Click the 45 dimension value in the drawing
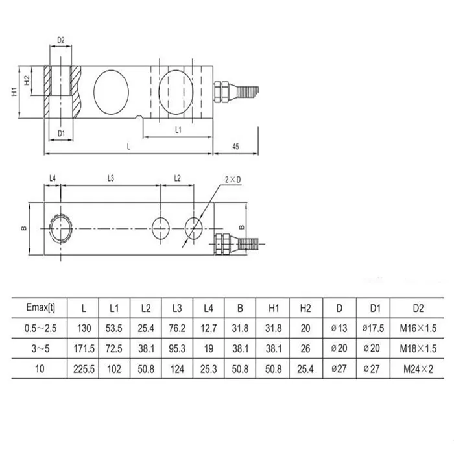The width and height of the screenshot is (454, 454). (235, 147)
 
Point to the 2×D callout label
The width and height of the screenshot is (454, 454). (232, 178)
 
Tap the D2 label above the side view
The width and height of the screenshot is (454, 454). (61, 40)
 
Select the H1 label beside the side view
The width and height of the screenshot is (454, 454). (14, 91)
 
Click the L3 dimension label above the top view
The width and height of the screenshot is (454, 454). (111, 178)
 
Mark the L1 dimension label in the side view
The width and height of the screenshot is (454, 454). (178, 130)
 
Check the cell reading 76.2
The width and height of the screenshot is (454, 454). (176, 328)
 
